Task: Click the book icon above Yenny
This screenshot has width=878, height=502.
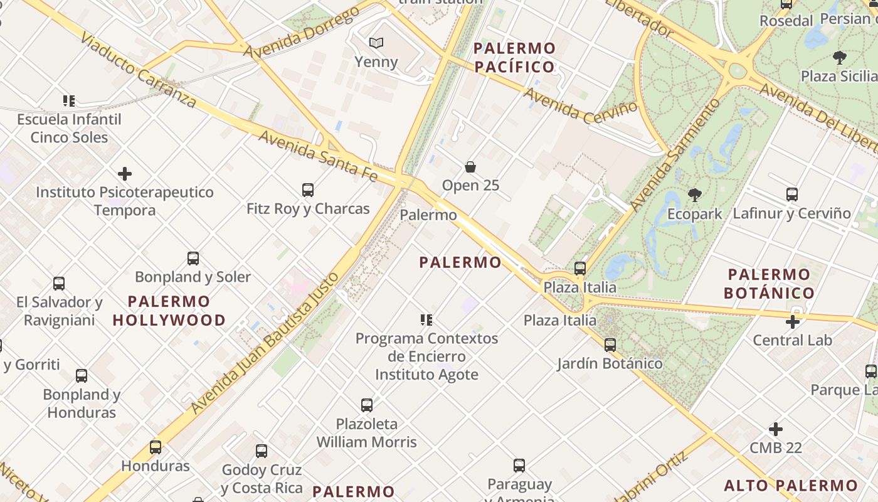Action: (376, 43)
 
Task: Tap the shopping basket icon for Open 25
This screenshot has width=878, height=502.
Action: (470, 167)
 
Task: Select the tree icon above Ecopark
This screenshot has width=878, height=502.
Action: (694, 195)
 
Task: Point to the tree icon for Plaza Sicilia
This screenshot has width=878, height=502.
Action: (840, 58)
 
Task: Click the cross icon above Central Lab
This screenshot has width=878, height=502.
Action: (793, 322)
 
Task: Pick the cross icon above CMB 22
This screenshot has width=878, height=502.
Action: (776, 429)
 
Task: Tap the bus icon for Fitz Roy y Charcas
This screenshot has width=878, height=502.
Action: (308, 190)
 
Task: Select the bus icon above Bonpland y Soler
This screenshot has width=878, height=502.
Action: (193, 258)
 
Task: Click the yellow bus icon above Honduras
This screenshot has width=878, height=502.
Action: (156, 447)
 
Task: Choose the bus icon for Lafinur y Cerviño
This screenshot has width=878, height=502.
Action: (792, 195)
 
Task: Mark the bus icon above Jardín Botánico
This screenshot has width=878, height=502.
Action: (610, 344)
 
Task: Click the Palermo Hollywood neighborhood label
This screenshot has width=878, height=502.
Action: (169, 311)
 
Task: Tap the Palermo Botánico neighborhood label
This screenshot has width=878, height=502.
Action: (770, 284)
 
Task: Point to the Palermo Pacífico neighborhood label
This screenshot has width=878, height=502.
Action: (514, 57)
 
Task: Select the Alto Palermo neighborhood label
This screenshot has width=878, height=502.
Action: (791, 485)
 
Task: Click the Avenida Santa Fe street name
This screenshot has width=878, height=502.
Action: (318, 156)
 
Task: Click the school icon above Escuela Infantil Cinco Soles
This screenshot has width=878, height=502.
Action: (69, 100)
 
